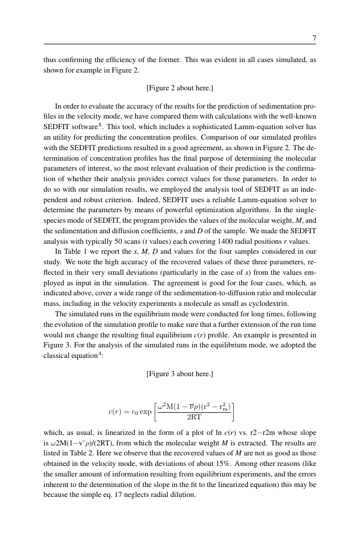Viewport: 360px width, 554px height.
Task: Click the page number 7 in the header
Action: pyautogui.click(x=313, y=38)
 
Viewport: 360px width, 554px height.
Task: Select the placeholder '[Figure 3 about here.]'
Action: pyautogui.click(x=180, y=374)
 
